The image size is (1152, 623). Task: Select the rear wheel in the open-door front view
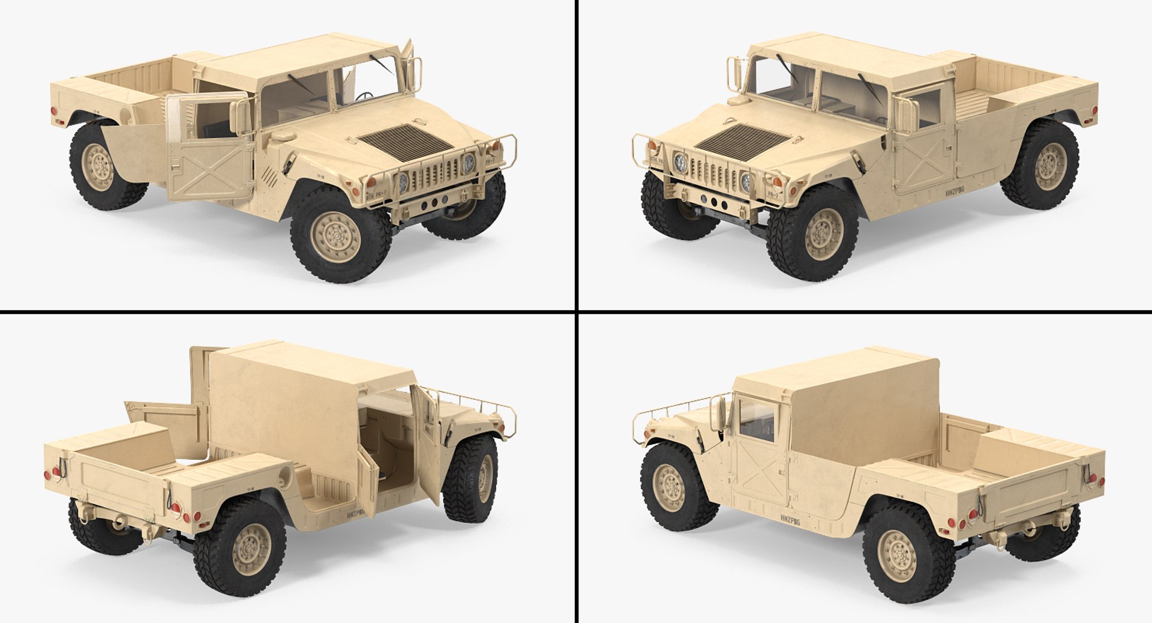coord(108,169)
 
